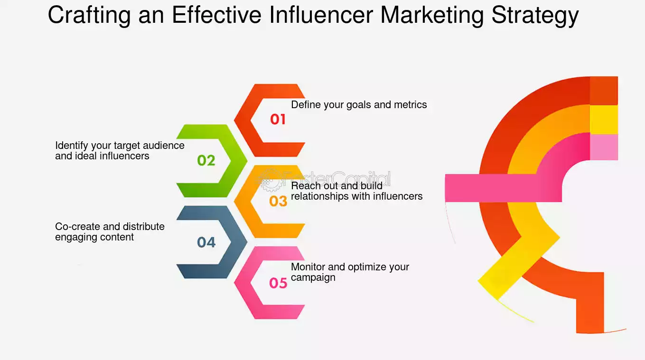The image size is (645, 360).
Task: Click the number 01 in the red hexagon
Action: tap(278, 119)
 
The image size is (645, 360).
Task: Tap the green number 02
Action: tap(206, 160)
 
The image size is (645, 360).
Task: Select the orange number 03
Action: tap(278, 201)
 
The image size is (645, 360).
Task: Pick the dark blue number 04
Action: tap(206, 242)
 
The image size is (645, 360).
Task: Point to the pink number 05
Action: tap(278, 283)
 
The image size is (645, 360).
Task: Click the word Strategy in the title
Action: tap(535, 16)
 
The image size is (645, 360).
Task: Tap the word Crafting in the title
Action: tap(89, 16)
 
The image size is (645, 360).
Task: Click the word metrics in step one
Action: tap(411, 105)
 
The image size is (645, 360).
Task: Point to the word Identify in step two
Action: tap(72, 146)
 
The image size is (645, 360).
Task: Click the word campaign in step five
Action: tap(313, 278)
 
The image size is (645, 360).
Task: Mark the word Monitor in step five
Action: tap(308, 267)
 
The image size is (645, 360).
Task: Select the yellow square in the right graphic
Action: tap(604, 119)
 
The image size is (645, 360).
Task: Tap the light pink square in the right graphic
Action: tap(604, 147)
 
